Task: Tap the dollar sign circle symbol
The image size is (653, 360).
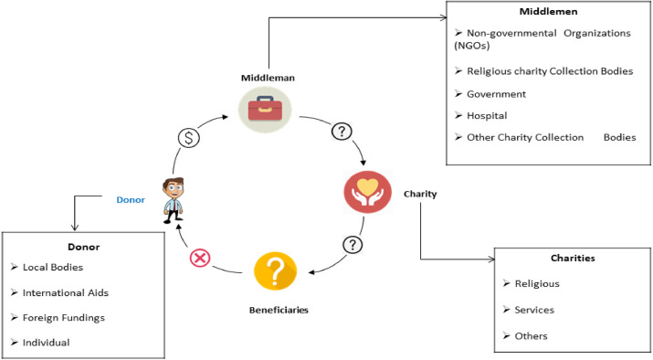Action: pos(187,138)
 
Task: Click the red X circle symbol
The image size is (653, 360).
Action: pos(199,259)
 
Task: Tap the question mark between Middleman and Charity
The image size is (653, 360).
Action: pos(342,132)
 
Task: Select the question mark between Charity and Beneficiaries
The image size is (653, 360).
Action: pos(352,246)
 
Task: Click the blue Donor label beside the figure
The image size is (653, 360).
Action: pos(130,199)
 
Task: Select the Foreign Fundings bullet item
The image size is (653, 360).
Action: pos(68,317)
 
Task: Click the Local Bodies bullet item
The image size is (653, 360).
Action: pos(58,268)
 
